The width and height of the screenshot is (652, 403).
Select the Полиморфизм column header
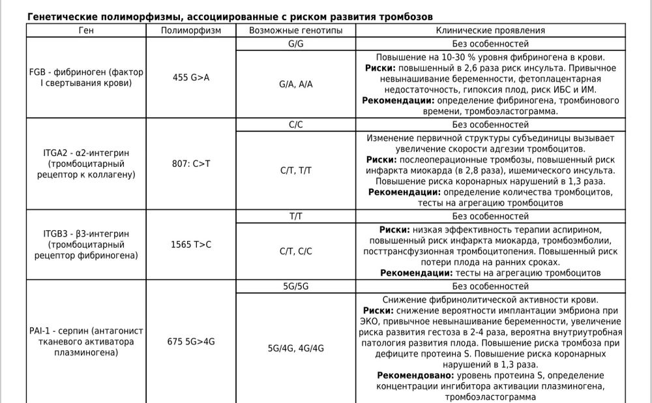tap(190, 30)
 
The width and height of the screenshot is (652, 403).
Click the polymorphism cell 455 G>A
tap(190, 78)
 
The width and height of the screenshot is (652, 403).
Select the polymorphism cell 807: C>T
tap(190, 162)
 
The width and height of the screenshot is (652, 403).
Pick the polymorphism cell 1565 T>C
tap(190, 245)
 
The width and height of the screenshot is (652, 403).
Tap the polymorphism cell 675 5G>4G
tap(190, 341)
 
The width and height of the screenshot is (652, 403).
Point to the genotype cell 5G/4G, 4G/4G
tap(295, 348)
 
